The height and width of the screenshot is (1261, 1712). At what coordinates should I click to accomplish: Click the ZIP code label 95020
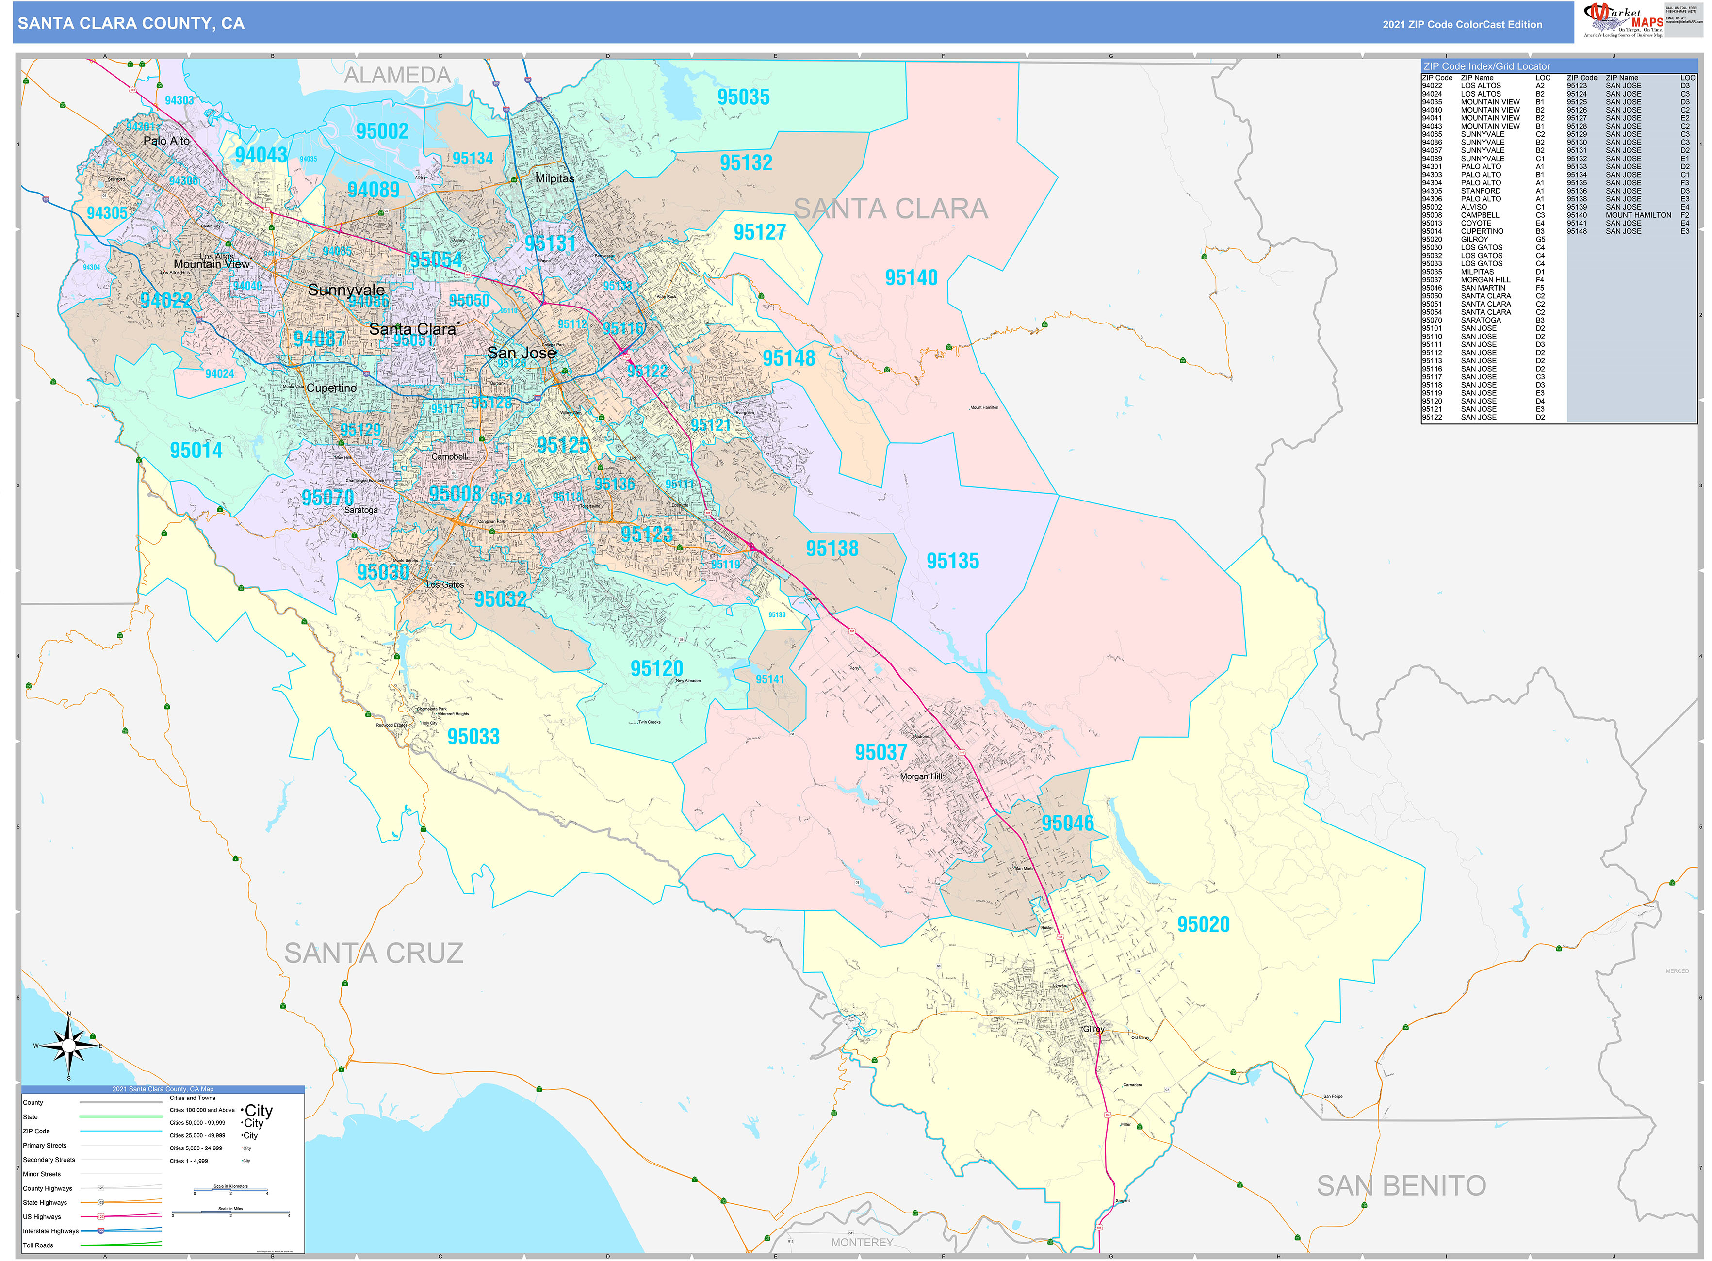tap(1203, 924)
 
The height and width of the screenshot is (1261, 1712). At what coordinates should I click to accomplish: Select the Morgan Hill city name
tap(920, 776)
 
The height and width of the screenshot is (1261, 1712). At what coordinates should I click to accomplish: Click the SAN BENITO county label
tap(1401, 1185)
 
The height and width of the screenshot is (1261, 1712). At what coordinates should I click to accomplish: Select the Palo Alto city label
tap(166, 141)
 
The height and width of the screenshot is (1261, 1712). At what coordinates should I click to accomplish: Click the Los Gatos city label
tap(444, 585)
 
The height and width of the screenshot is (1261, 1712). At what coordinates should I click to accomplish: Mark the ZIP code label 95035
tap(743, 97)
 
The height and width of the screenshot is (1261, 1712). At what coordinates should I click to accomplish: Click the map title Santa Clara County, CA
tap(131, 24)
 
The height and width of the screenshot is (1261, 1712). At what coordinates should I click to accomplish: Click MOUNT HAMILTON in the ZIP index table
tap(1638, 215)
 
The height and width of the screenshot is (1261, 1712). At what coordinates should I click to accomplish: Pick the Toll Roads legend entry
tap(38, 1245)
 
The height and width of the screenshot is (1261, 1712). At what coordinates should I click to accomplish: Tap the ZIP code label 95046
tap(1068, 823)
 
